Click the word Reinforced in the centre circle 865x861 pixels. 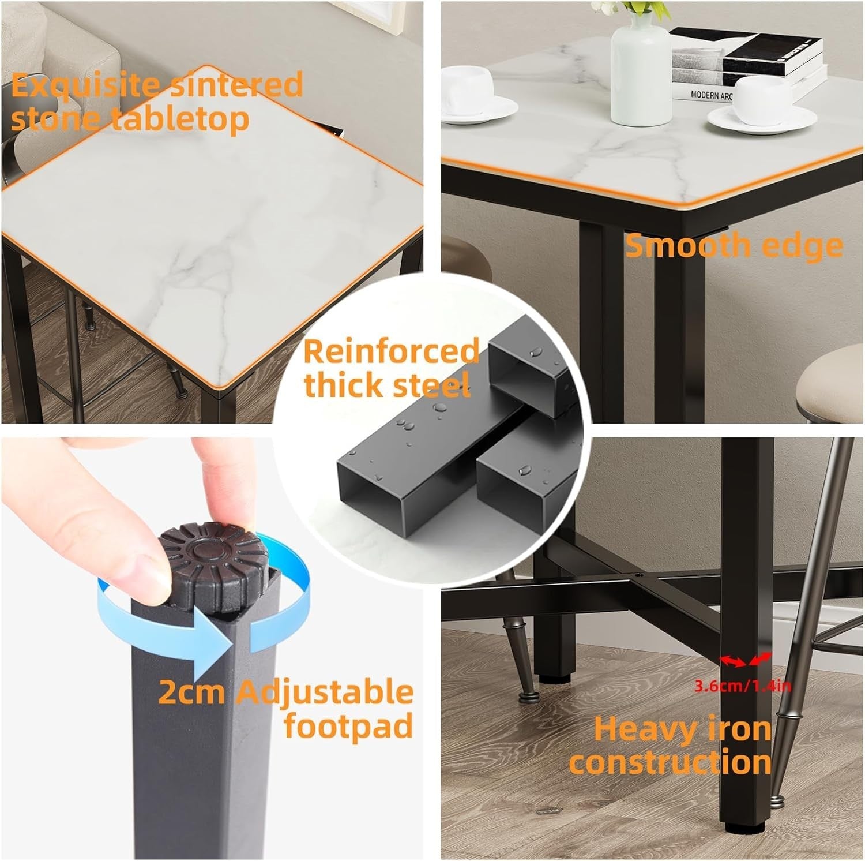coord(392,351)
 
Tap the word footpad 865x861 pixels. coord(349,725)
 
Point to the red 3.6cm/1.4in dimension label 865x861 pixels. coord(742,686)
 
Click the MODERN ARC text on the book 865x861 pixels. coord(712,95)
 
